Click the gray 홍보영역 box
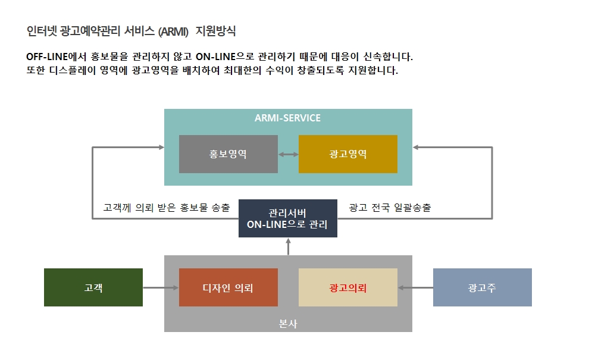(x=228, y=154)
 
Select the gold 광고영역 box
(x=348, y=154)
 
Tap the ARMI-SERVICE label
(x=287, y=118)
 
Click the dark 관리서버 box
(x=288, y=218)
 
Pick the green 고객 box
(x=93, y=287)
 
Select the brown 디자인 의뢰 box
(x=228, y=287)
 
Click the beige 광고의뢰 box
(x=348, y=287)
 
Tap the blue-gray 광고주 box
(x=483, y=287)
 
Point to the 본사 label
(x=288, y=324)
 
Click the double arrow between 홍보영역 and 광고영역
(x=289, y=154)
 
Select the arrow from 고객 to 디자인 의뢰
(x=161, y=288)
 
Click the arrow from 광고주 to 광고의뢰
(x=415, y=288)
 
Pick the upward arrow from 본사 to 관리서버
(x=289, y=246)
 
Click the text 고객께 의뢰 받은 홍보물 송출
(x=167, y=208)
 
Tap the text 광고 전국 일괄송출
(x=390, y=208)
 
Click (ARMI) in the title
(x=173, y=32)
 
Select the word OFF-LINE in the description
(x=46, y=57)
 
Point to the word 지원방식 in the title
(x=215, y=31)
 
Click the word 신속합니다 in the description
(x=388, y=57)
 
